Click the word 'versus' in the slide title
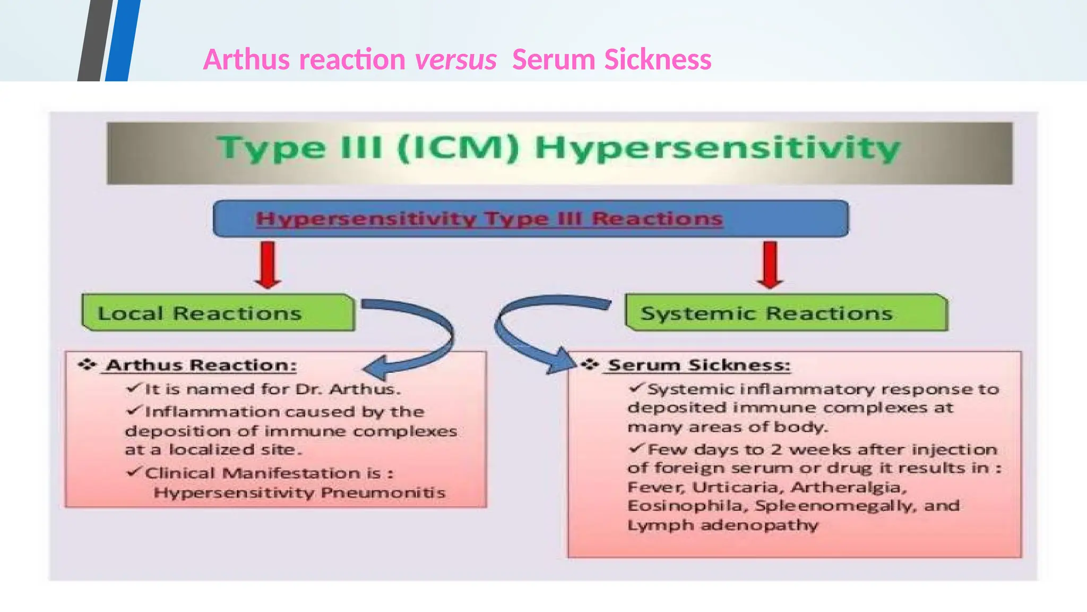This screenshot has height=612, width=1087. (x=455, y=59)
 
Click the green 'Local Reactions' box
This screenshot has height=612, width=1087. (x=218, y=313)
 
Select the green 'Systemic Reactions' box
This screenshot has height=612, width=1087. (x=786, y=313)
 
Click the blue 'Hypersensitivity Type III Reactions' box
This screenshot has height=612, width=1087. (x=531, y=218)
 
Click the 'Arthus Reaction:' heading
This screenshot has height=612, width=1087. (x=201, y=365)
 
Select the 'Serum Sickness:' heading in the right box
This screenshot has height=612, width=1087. (x=699, y=365)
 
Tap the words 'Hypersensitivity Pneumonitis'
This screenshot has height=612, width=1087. (x=299, y=492)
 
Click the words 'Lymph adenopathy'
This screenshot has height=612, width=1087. (x=722, y=525)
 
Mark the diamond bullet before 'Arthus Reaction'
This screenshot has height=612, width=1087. (x=87, y=364)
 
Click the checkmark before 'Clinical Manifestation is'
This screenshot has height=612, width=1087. (x=134, y=472)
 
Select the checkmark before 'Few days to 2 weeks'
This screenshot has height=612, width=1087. (x=636, y=448)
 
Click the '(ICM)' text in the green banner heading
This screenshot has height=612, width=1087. (x=458, y=148)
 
